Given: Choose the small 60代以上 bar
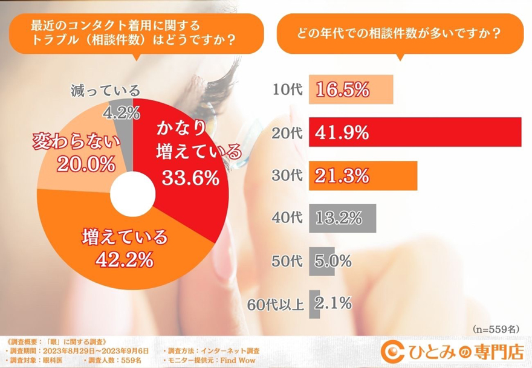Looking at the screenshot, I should tap(314, 303).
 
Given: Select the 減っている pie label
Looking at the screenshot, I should tap(104, 91).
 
